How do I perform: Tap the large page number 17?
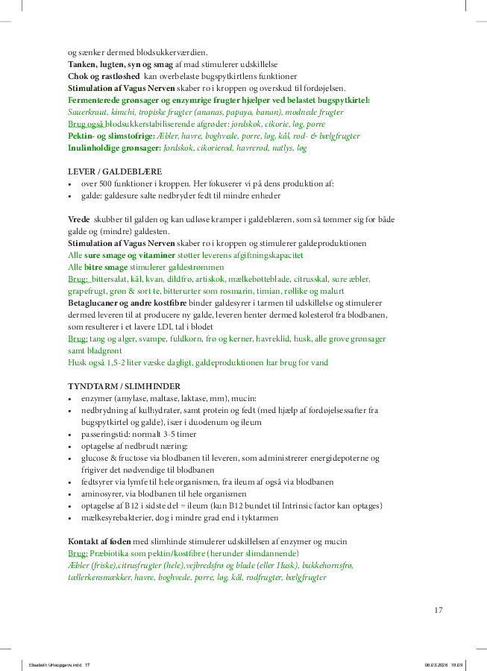(438, 610)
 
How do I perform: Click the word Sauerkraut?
(89, 112)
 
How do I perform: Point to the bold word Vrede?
(78, 220)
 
